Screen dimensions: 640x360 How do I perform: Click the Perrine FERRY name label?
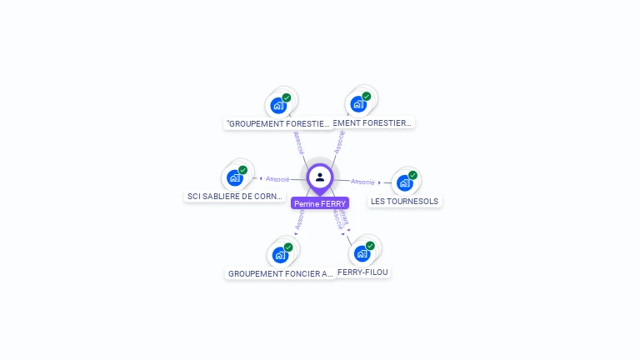pyautogui.click(x=320, y=203)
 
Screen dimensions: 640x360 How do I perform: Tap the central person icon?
pyautogui.click(x=320, y=177)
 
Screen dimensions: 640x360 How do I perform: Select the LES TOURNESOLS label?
pyautogui.click(x=404, y=201)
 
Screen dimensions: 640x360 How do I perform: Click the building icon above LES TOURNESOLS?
pyautogui.click(x=404, y=182)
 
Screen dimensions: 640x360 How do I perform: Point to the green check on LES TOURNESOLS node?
pyautogui.click(x=412, y=175)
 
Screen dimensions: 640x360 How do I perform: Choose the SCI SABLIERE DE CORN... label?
pyautogui.click(x=235, y=197)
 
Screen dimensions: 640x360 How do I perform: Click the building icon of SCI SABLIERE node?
pyautogui.click(x=235, y=177)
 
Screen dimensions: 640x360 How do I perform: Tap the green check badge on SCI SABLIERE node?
pyautogui.click(x=243, y=170)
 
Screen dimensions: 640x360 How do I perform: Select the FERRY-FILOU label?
pyautogui.click(x=362, y=272)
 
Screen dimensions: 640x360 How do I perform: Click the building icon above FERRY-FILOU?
pyautogui.click(x=362, y=253)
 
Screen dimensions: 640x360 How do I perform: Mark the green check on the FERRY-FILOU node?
pyautogui.click(x=370, y=246)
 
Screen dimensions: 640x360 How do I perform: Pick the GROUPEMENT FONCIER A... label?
pyautogui.click(x=280, y=273)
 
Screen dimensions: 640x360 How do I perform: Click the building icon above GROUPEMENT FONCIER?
pyautogui.click(x=279, y=255)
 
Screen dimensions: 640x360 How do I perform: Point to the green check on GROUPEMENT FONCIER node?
pyautogui.click(x=288, y=247)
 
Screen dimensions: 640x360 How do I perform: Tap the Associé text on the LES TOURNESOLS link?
pyautogui.click(x=362, y=182)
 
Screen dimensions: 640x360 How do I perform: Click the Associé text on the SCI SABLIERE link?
pyautogui.click(x=277, y=179)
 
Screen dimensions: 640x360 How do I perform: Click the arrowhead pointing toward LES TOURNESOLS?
pyautogui.click(x=379, y=182)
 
